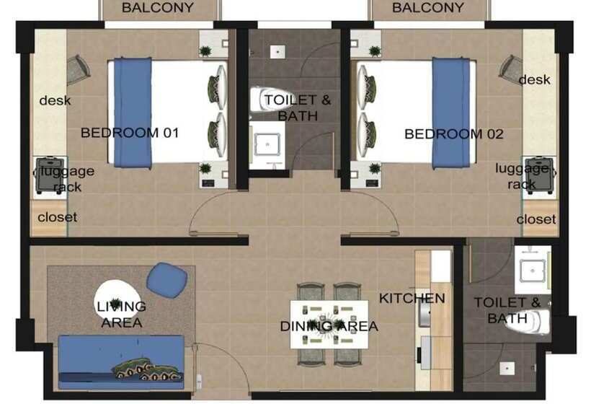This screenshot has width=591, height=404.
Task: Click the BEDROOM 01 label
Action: pos(130,133)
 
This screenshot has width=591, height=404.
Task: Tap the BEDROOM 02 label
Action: pos(454,133)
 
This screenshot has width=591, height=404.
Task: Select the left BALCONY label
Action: pos(158,9)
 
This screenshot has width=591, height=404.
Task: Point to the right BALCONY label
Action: pos(428,9)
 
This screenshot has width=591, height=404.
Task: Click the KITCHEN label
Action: pos(412,298)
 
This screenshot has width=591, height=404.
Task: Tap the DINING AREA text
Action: pos(329,326)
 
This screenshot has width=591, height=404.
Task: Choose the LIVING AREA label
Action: pos(121,315)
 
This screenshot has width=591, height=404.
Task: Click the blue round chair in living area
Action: pos(167,278)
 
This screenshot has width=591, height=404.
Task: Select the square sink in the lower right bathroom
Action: pos(533,268)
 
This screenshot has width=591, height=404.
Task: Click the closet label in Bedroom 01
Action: pos(57,217)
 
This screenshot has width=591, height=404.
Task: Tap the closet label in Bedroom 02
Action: pos(536,219)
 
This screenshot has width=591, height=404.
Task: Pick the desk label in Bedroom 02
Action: pos(534,79)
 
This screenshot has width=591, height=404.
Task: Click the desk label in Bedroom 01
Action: pos(55,100)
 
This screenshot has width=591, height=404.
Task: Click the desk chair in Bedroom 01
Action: pos(79,69)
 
